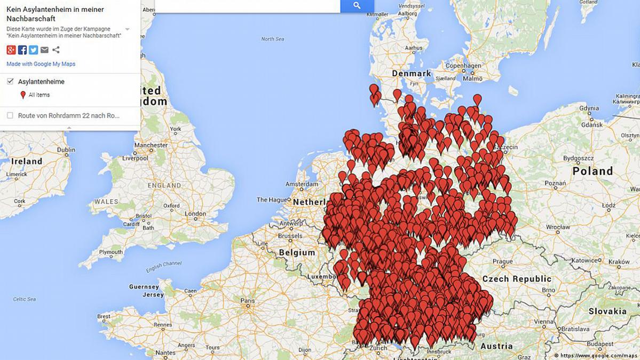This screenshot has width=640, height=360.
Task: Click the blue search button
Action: (357, 6)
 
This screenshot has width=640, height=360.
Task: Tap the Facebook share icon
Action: (22, 50)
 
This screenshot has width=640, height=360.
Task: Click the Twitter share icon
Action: (33, 50)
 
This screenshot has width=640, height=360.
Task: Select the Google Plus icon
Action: (11, 50)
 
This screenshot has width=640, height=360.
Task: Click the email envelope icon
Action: (44, 50)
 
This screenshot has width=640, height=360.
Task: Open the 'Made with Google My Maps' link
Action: (41, 64)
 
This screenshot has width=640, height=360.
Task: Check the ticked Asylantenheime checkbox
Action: (10, 81)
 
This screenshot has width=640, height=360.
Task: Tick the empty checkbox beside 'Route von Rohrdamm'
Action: (10, 115)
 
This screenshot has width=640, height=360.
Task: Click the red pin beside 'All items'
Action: (23, 95)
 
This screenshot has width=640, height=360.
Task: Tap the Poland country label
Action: (592, 171)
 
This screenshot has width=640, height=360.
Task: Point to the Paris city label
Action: (247, 301)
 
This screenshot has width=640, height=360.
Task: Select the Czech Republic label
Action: (516, 279)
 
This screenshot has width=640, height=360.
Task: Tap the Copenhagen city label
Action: (460, 66)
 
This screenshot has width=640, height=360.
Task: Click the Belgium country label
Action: (297, 252)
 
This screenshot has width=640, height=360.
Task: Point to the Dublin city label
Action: (66, 150)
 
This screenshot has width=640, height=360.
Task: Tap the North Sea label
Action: (272, 39)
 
